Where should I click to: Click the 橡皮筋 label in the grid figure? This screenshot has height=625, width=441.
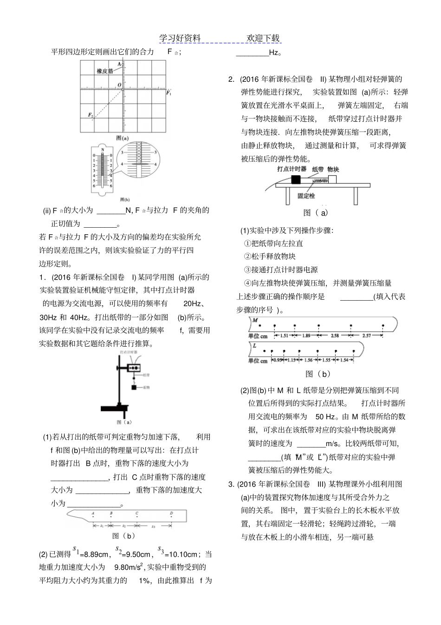click(105, 71)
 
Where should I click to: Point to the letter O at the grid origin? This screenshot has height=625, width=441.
click(119, 85)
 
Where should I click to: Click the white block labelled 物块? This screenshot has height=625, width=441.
click(333, 179)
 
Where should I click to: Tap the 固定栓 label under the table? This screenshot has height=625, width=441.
click(306, 196)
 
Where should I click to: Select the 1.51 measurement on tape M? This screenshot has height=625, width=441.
click(284, 336)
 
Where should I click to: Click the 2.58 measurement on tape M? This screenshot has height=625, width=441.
click(335, 336)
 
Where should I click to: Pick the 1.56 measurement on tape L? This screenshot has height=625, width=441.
click(308, 360)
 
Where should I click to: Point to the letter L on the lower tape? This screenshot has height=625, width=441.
click(255, 346)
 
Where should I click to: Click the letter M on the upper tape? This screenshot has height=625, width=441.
click(255, 321)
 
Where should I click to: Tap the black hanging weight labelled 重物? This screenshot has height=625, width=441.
click(134, 387)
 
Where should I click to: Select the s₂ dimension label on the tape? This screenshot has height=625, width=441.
click(124, 526)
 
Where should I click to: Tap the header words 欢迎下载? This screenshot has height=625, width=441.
click(263, 38)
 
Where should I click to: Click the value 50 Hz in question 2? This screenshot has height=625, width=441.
click(325, 416)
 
